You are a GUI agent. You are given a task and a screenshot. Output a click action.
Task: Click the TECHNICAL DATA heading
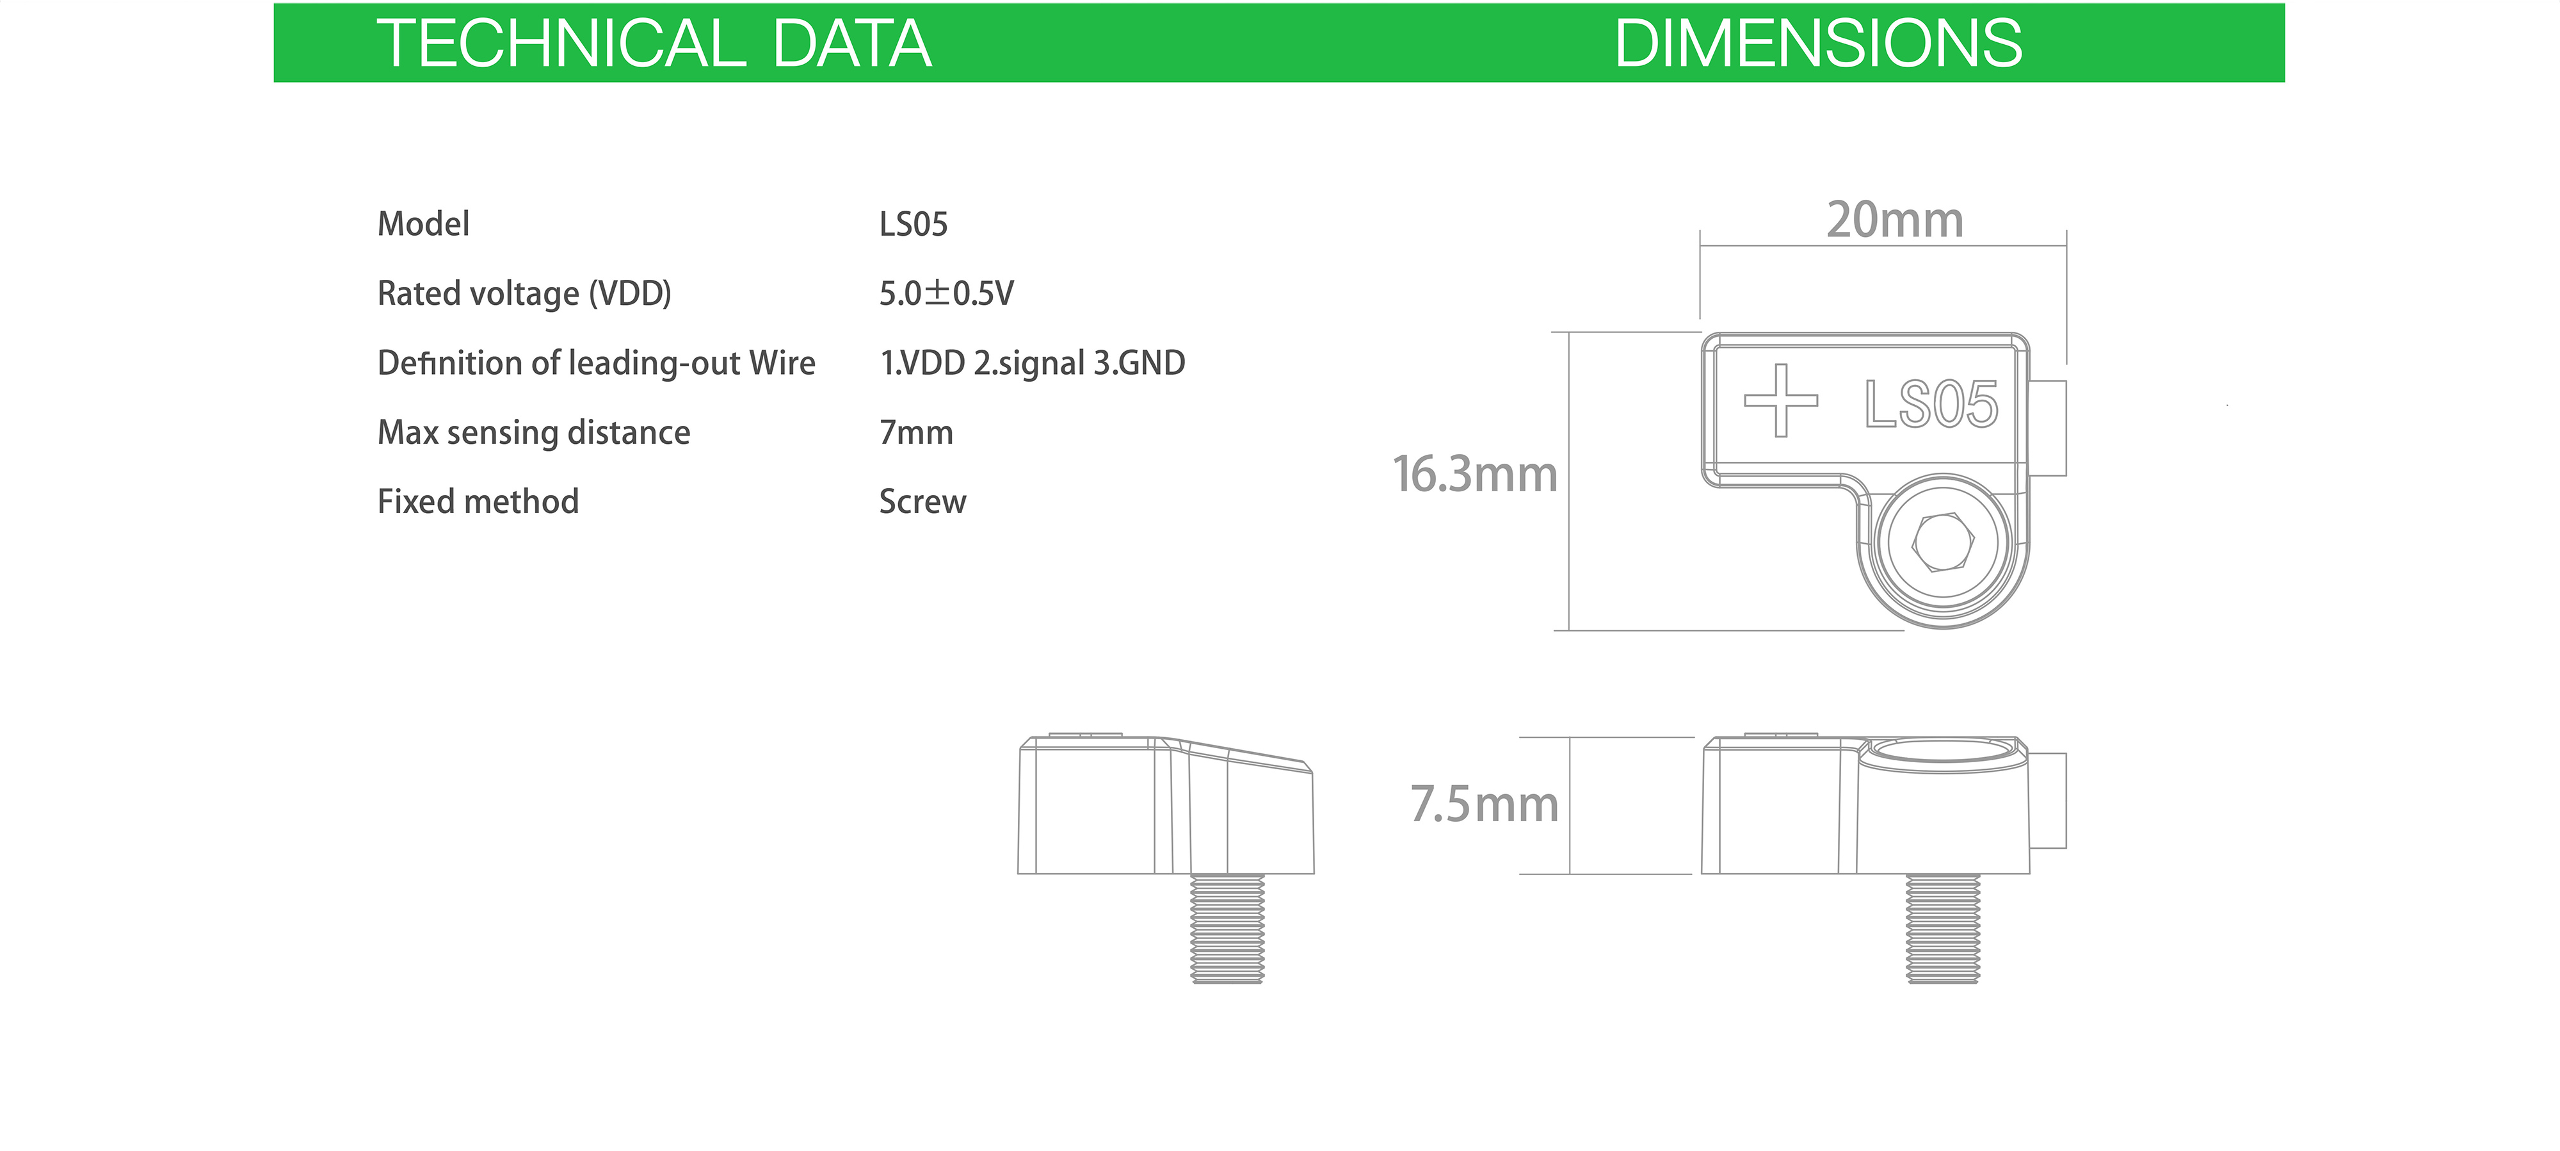pos(654,44)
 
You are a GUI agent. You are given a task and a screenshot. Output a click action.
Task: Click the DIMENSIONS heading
pos(1817,44)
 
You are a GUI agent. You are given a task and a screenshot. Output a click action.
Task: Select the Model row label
pos(423,224)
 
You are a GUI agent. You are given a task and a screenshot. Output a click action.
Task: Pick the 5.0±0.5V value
pos(946,293)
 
